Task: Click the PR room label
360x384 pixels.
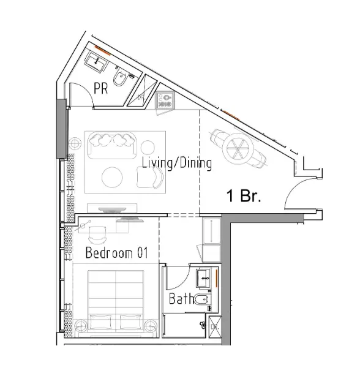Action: (100, 88)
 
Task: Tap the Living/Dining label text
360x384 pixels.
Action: (176, 164)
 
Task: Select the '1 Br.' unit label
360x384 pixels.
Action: (244, 197)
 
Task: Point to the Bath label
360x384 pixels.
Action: (181, 299)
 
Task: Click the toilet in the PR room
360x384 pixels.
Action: (122, 81)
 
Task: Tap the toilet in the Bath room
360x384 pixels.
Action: (201, 299)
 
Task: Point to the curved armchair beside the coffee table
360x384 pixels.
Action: (151, 178)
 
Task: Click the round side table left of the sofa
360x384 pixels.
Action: (76, 143)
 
